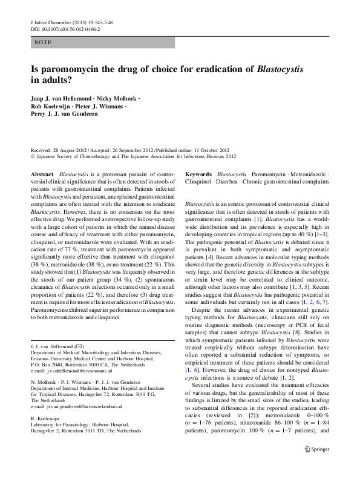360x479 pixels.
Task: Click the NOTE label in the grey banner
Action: (43, 42)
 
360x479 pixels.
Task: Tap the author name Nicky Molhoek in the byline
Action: (117, 99)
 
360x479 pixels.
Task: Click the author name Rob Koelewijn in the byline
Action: (53, 107)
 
